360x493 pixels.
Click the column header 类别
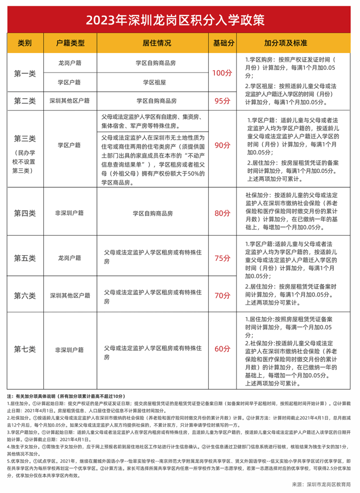click(x=25, y=43)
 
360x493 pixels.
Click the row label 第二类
click(x=25, y=101)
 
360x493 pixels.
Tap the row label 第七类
click(x=25, y=349)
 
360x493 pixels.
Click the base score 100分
click(x=222, y=73)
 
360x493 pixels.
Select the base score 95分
click(x=222, y=101)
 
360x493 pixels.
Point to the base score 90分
click(x=222, y=145)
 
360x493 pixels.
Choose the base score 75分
click(x=222, y=258)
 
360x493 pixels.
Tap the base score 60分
click(x=222, y=349)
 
